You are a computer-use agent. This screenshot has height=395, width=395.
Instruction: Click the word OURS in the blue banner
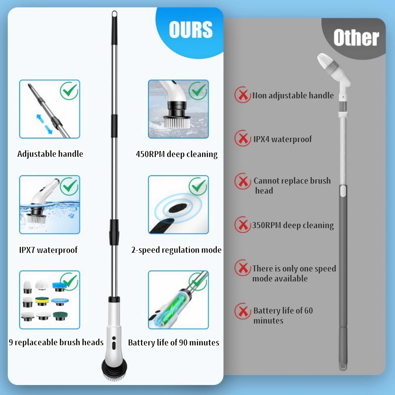(191, 29)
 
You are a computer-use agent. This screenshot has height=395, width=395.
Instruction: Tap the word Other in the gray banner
(356, 38)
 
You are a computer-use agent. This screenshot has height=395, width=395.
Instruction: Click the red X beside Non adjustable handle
(243, 95)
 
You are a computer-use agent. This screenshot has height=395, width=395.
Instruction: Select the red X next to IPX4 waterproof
(243, 138)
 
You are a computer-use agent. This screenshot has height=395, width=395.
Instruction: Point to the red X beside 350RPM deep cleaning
(243, 225)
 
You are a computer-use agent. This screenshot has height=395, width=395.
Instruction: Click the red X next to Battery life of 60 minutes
(243, 311)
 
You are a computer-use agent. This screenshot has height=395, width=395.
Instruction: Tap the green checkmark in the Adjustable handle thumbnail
(69, 91)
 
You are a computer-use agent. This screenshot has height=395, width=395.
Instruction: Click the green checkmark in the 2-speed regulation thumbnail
(198, 186)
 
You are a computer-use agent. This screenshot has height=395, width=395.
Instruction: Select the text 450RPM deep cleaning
(177, 154)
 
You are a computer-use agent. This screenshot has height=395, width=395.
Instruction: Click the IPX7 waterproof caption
(48, 250)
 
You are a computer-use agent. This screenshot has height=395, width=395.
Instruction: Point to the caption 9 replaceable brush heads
(56, 342)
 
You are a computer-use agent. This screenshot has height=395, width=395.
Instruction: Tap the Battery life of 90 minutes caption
(174, 342)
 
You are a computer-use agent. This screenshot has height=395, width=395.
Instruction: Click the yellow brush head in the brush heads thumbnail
(42, 301)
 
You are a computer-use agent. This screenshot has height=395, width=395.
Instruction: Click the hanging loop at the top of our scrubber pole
(114, 15)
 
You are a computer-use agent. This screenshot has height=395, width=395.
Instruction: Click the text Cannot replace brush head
(292, 185)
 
